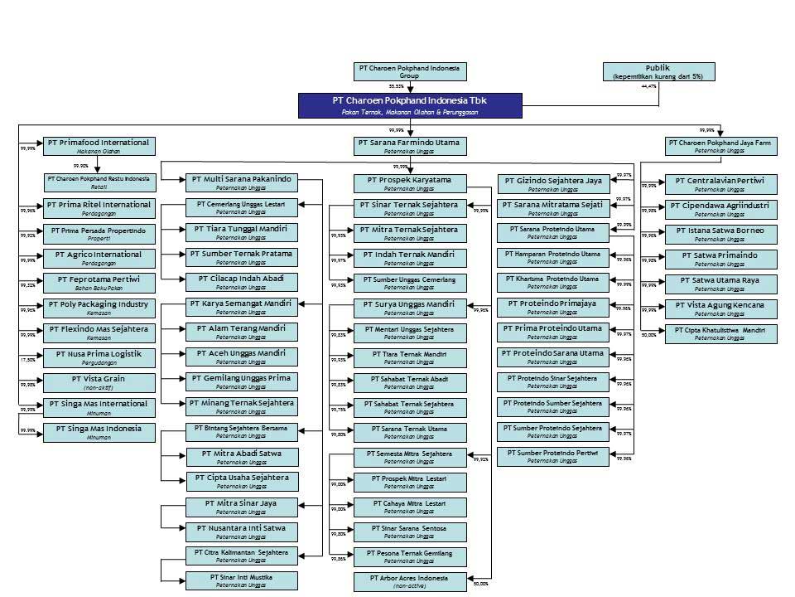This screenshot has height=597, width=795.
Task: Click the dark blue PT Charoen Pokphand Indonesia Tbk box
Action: [410, 105]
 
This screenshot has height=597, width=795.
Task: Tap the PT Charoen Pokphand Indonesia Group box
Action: [409, 71]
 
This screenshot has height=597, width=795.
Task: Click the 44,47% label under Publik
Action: [648, 86]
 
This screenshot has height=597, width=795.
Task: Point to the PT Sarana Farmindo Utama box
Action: [409, 146]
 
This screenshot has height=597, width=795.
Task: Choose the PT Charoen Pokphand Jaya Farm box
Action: [720, 146]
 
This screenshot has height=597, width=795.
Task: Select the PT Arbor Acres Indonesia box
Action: [409, 581]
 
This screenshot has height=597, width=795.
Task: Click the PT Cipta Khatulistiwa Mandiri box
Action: [720, 332]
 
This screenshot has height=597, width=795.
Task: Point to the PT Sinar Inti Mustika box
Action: [241, 580]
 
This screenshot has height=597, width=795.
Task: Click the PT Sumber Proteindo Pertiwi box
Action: [552, 456]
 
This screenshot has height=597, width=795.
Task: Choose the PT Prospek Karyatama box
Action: [409, 183]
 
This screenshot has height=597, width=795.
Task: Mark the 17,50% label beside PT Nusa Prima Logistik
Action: [28, 360]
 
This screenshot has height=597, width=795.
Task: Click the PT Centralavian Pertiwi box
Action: [720, 183]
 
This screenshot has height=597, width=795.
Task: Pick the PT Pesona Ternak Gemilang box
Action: [409, 556]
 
